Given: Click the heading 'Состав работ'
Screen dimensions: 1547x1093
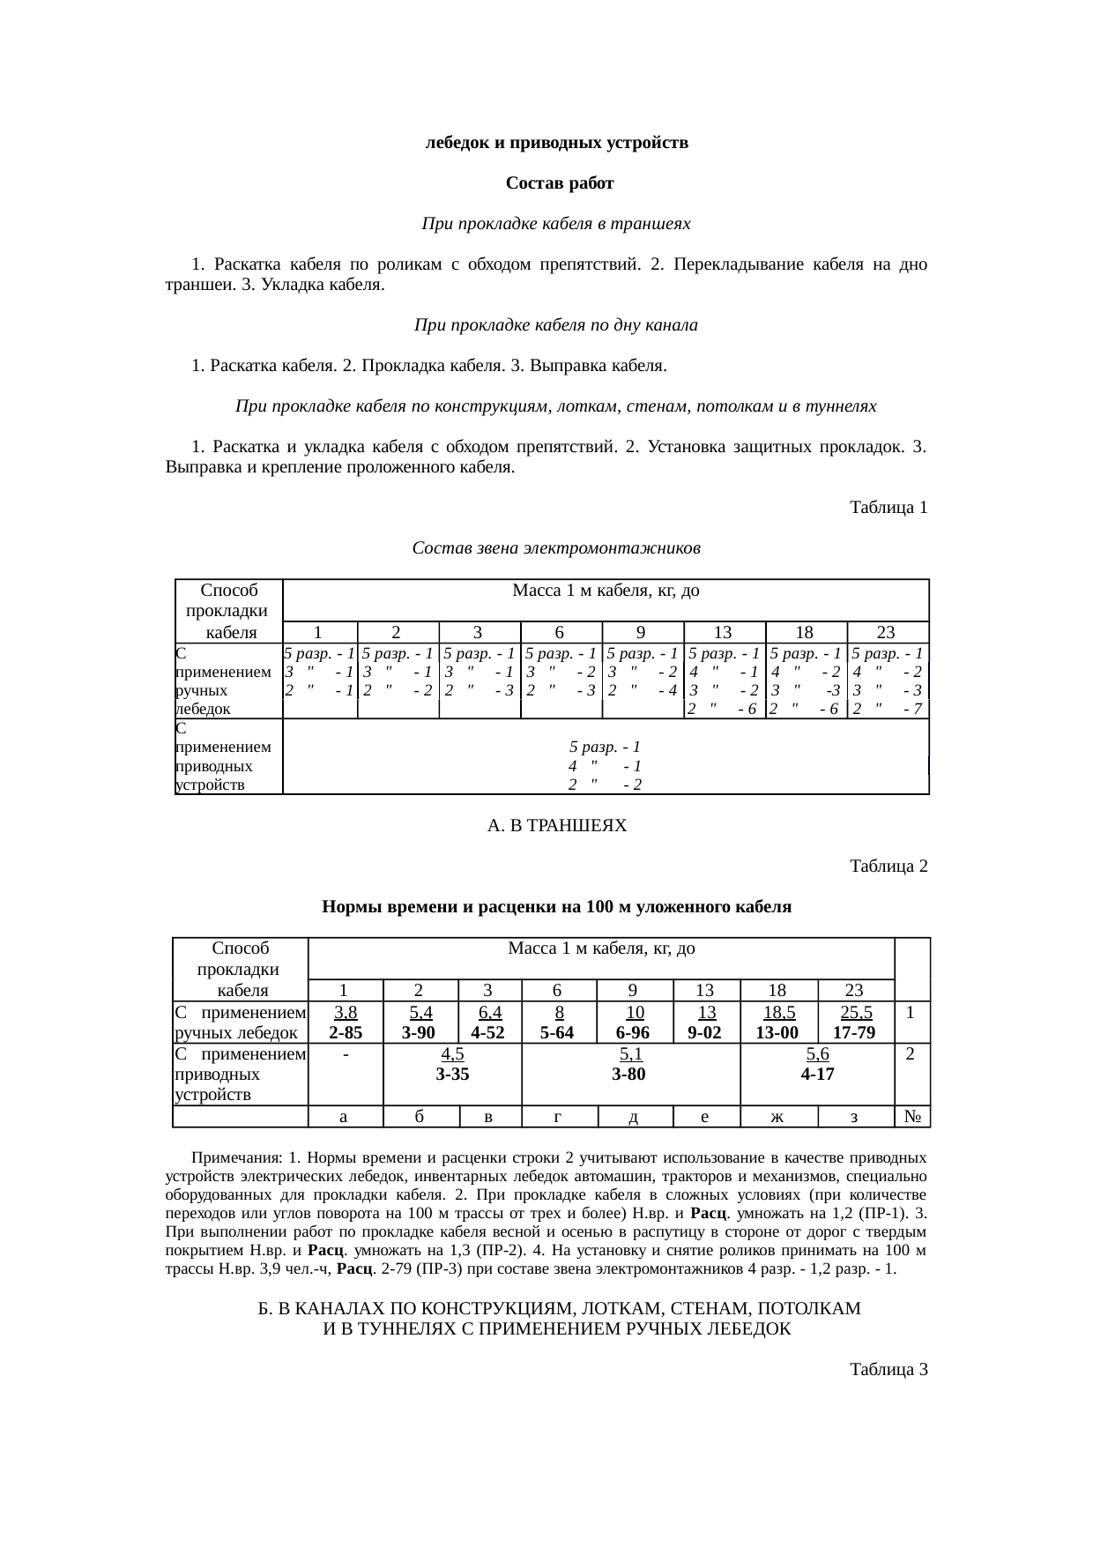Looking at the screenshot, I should point(559,184).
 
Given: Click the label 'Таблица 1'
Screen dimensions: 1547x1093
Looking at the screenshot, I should point(888,508).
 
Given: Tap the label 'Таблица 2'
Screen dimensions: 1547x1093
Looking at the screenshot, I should point(888,866).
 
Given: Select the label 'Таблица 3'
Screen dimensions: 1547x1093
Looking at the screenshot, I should point(888,1370).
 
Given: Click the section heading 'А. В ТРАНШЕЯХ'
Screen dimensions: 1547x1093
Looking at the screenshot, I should point(556,826).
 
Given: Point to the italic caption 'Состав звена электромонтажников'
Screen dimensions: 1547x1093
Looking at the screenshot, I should point(556,548).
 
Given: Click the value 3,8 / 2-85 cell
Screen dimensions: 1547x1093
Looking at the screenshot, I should point(346,1022).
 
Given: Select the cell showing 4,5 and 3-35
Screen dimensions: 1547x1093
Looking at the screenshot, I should point(452,1063).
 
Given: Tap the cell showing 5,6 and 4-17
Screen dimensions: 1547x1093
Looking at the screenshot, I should point(817,1063).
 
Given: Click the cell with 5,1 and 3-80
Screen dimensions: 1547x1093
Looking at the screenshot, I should point(631,1063).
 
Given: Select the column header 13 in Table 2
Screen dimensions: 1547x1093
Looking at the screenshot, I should point(705,989).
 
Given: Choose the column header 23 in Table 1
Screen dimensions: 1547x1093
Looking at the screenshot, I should point(886,631).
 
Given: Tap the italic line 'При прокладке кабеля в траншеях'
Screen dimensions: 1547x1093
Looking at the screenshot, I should point(556,225).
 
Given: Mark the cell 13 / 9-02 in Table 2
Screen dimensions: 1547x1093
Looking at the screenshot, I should point(705,1022).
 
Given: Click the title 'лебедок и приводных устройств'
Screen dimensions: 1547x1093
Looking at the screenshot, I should point(557,143).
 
